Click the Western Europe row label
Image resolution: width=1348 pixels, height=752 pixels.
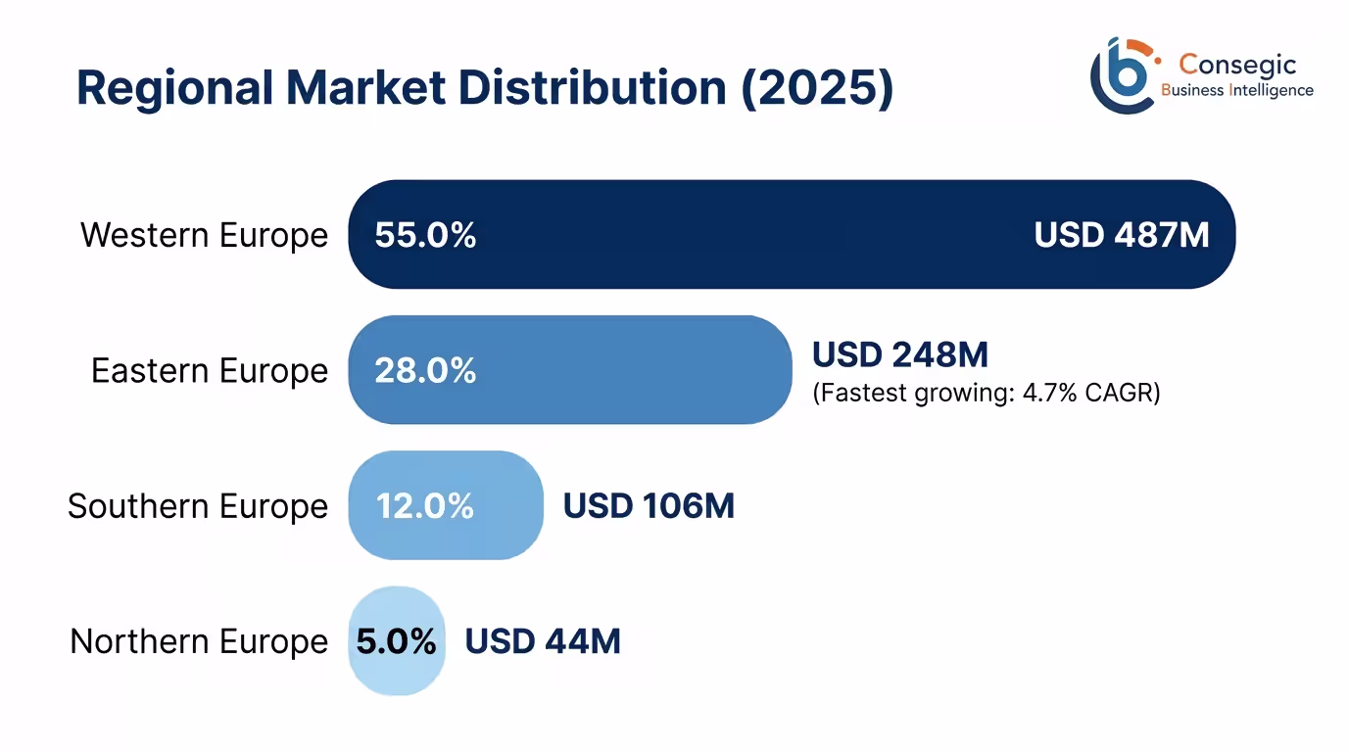[204, 235]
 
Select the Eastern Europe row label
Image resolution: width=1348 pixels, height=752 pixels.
[210, 370]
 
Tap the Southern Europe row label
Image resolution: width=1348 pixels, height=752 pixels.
[198, 506]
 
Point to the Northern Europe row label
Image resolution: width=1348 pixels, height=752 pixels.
[199, 641]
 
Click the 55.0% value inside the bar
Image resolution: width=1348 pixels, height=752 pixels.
[425, 235]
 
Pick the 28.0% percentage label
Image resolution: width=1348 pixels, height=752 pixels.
[425, 370]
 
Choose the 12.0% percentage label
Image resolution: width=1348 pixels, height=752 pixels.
[425, 506]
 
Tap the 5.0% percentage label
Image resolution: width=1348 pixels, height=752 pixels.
[396, 641]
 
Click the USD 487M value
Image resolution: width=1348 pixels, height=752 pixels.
[1122, 235]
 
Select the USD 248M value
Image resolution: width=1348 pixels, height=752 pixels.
[900, 353]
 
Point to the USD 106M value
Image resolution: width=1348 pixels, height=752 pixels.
[649, 506]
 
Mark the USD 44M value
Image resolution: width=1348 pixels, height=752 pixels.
[543, 641]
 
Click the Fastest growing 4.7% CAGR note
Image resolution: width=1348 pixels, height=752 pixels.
[986, 394]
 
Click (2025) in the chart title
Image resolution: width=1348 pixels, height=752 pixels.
[811, 88]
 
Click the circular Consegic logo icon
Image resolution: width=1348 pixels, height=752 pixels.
[1122, 75]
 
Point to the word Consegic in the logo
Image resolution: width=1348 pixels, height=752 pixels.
[1237, 65]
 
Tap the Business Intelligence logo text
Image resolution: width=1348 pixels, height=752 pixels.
[1236, 90]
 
